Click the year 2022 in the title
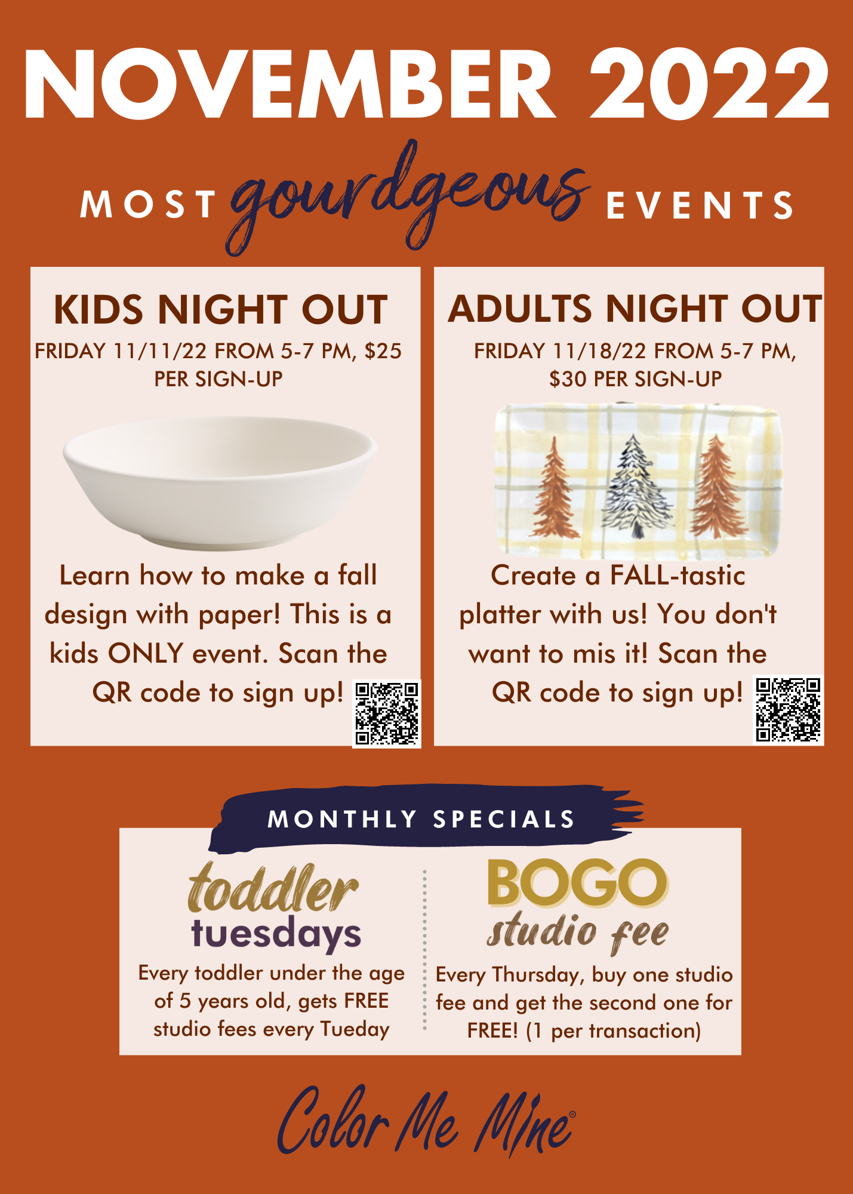pyautogui.click(x=709, y=84)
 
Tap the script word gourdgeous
pyautogui.click(x=409, y=197)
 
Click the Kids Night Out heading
pyautogui.click(x=221, y=310)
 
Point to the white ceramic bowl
pyautogui.click(x=220, y=482)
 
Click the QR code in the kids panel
pyautogui.click(x=387, y=713)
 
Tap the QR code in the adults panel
pyautogui.click(x=788, y=710)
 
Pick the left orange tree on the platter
pyautogui.click(x=555, y=487)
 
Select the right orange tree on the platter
pyautogui.click(x=717, y=487)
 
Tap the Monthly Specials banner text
pyautogui.click(x=421, y=819)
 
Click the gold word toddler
pyautogui.click(x=273, y=889)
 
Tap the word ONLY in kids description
pyautogui.click(x=145, y=654)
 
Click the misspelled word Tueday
pyautogui.click(x=355, y=1029)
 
